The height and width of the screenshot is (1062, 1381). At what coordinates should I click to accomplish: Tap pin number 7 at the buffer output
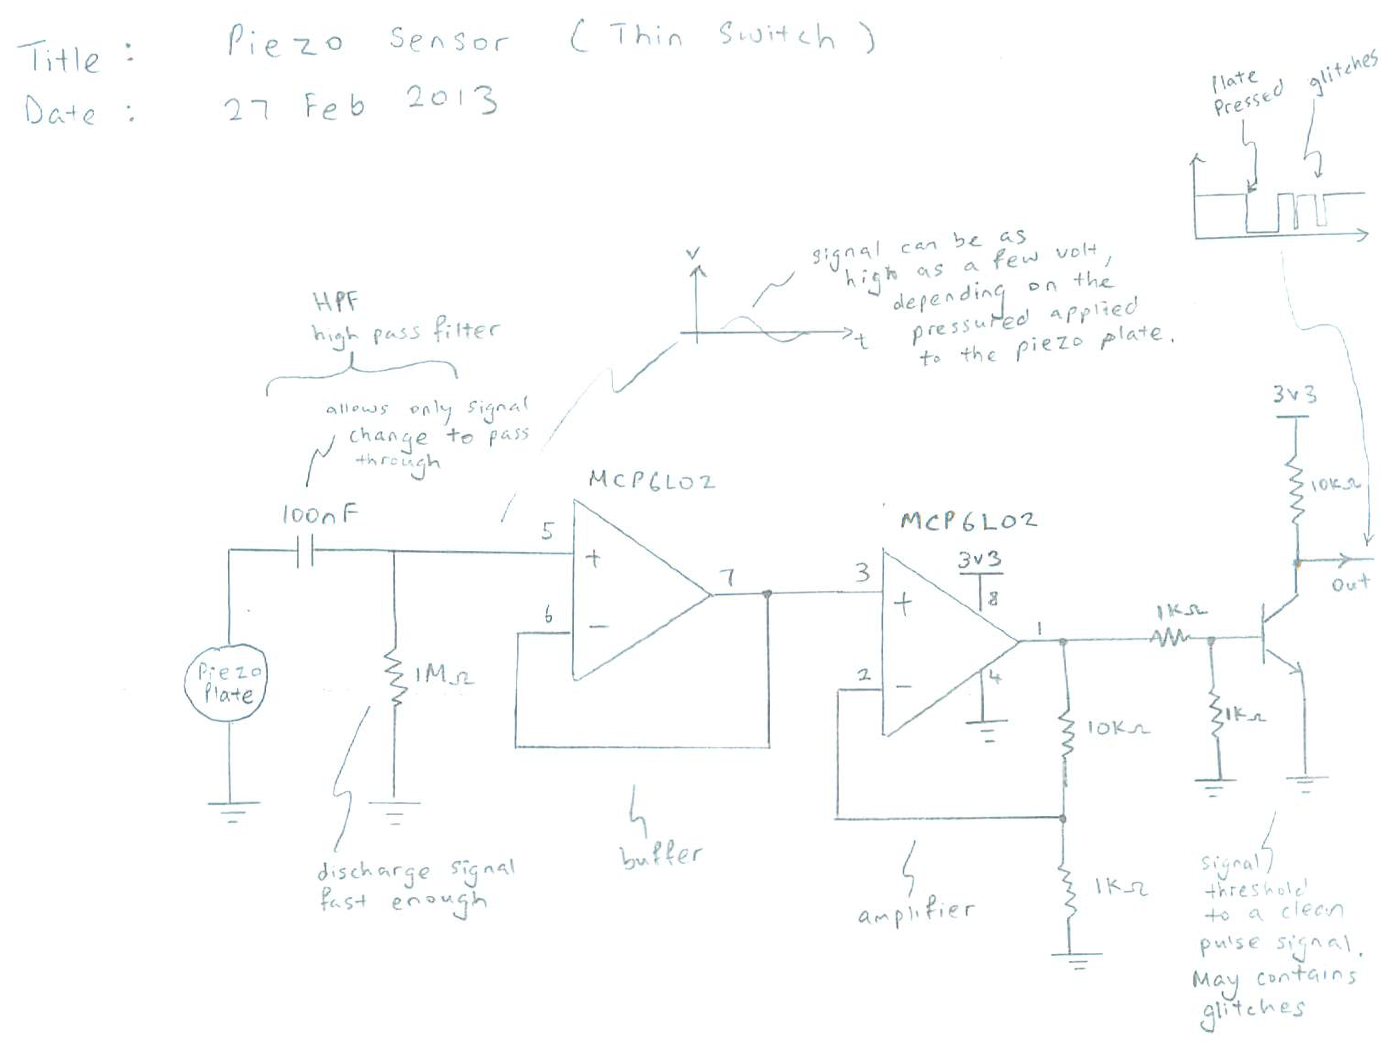[728, 577]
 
